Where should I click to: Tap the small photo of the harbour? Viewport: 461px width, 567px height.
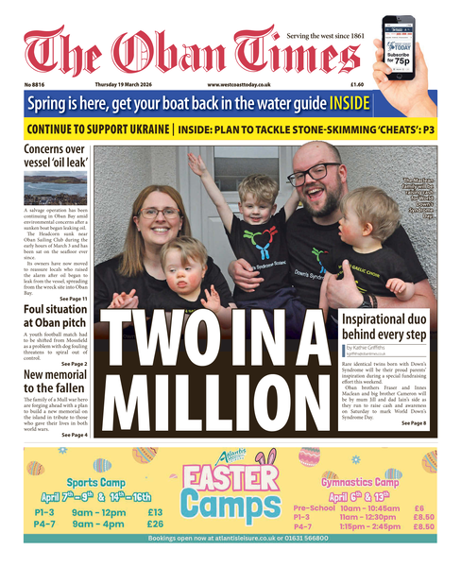click(56, 188)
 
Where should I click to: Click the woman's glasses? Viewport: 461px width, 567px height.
click(160, 212)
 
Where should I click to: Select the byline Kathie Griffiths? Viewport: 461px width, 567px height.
click(373, 349)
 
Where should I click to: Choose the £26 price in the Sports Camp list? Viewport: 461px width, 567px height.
click(155, 524)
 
